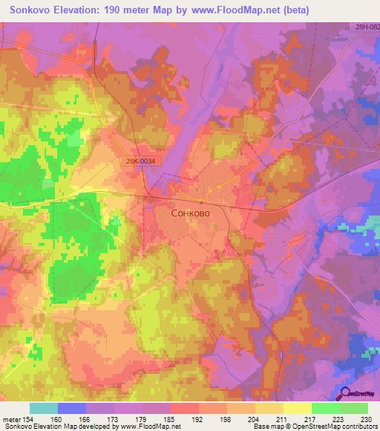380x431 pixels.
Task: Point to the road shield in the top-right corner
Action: pos(367,27)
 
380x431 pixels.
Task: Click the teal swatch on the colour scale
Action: pos(44,408)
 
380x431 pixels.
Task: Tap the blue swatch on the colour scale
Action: pos(72,408)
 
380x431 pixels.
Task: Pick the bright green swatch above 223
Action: pos(325,408)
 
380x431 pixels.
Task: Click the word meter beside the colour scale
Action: pos(11,420)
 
